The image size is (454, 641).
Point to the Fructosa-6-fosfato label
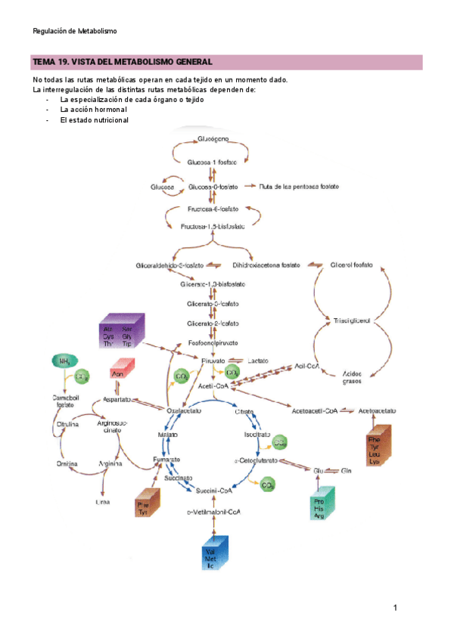coord(213,209)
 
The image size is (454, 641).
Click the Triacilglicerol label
coord(352,321)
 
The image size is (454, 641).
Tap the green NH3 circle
coord(64,363)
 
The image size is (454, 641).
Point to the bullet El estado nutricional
coord(95,120)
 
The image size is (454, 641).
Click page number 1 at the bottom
coord(395,608)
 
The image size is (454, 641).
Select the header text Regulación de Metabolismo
coord(75,31)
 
